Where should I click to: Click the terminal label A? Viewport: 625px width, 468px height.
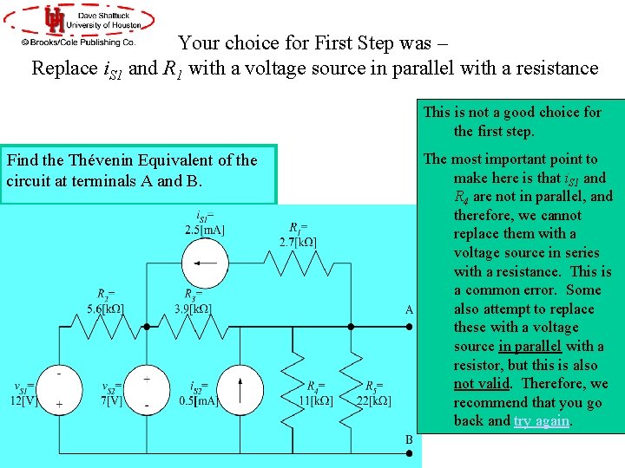pos(409,309)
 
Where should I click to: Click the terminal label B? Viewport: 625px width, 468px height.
pos(409,439)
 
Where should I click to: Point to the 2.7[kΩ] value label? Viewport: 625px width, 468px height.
pos(298,242)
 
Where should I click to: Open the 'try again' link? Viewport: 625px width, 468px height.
pos(542,421)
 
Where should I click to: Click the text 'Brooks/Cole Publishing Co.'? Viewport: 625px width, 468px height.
pos(78,41)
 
